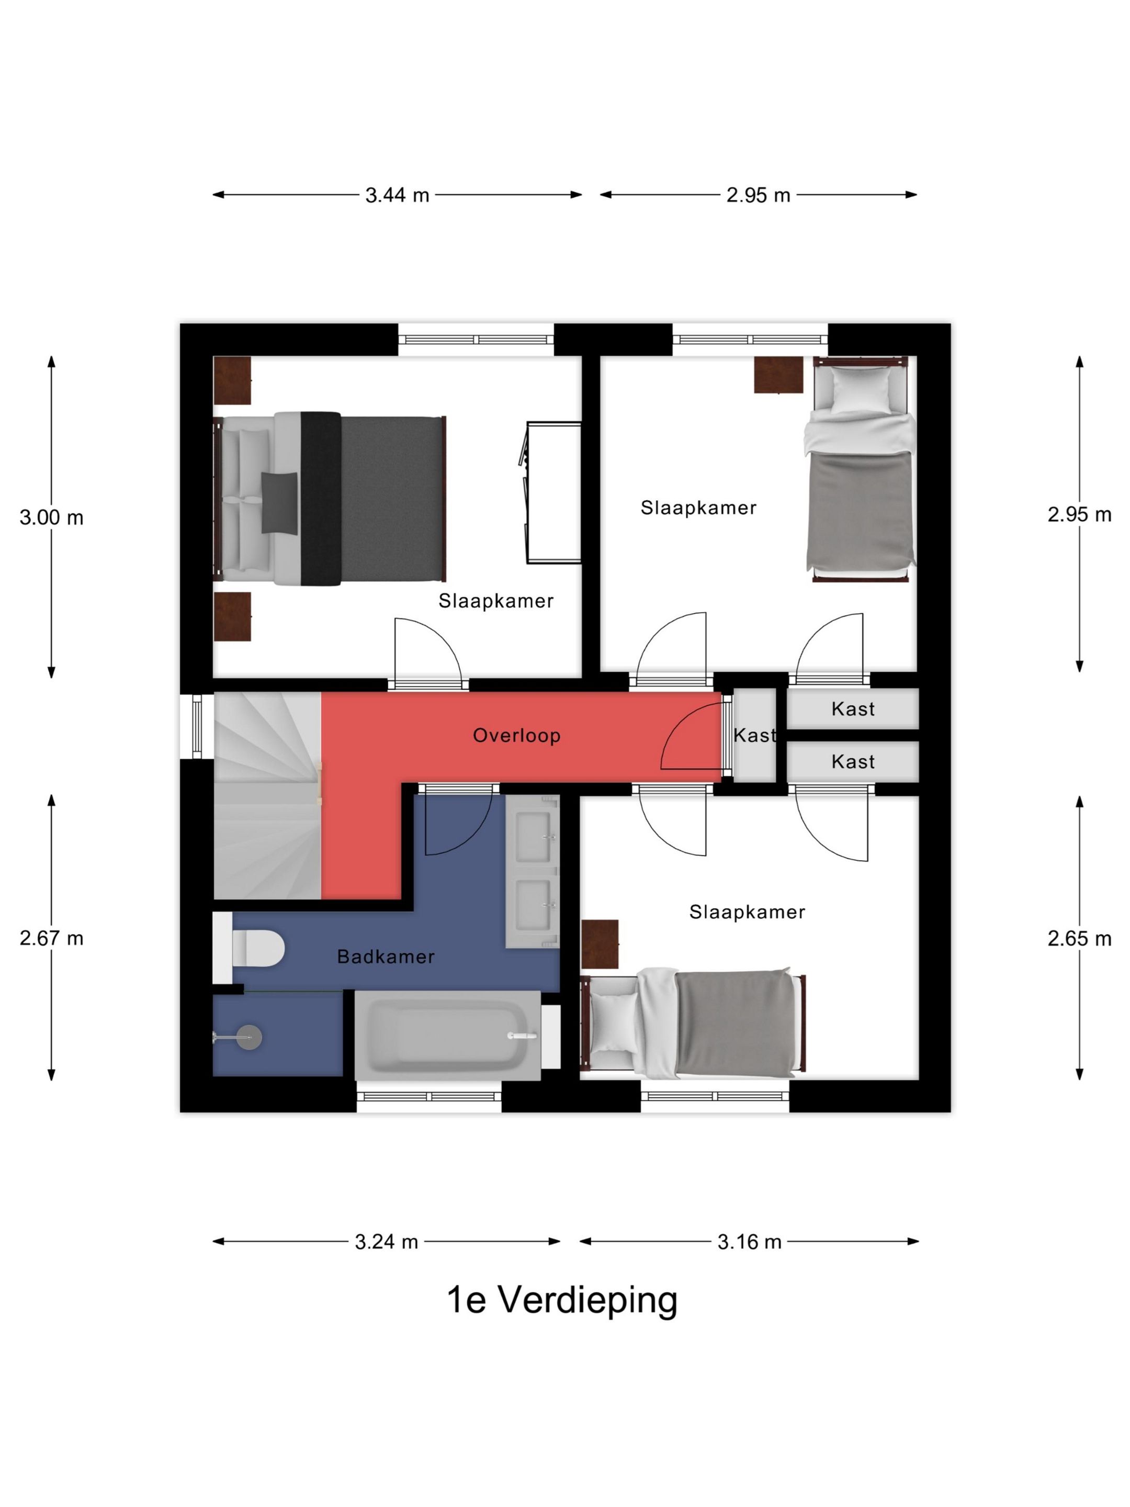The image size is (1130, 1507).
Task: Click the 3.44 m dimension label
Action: tap(397, 196)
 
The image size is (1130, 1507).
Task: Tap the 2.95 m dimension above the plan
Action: tap(758, 196)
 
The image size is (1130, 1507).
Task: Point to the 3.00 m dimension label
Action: tap(52, 518)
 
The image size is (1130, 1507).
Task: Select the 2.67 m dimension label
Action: tap(52, 938)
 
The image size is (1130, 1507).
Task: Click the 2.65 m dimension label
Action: tap(1080, 938)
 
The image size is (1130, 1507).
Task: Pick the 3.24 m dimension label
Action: tap(386, 1242)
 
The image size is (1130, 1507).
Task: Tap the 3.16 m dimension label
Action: tap(749, 1242)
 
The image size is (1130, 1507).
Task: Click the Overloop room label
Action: tap(517, 736)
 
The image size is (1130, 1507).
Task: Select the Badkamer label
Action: tap(386, 957)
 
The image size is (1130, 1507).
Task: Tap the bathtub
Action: tap(447, 1036)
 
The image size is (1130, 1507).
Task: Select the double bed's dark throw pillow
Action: tap(279, 503)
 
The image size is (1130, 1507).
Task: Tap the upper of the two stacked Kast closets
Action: tap(853, 708)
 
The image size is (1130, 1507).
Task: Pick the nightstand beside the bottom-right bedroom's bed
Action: tap(600, 944)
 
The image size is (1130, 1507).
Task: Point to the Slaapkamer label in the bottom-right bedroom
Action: tap(747, 912)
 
